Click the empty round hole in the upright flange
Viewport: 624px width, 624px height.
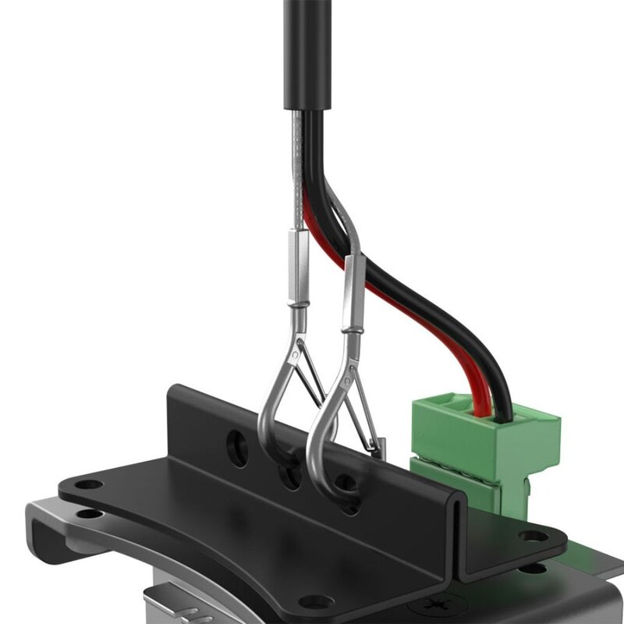click(237, 447)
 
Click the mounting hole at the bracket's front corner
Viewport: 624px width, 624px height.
click(315, 601)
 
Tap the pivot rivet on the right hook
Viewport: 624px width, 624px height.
click(349, 367)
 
